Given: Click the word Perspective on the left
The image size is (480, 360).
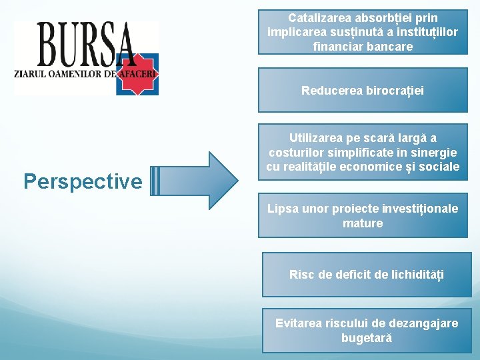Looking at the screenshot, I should click(x=83, y=181).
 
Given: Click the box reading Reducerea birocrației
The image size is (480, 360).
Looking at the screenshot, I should click(x=363, y=90).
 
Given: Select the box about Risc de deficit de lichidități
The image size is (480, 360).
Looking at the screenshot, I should click(x=366, y=274).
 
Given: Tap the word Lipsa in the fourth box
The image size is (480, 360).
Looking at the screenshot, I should click(x=282, y=209).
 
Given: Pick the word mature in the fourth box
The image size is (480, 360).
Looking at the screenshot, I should click(x=363, y=223).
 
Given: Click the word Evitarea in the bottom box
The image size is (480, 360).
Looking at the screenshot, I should click(x=299, y=323).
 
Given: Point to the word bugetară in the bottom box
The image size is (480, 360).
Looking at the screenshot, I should click(x=367, y=338).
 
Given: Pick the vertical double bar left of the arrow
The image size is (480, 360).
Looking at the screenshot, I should click(x=155, y=180).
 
